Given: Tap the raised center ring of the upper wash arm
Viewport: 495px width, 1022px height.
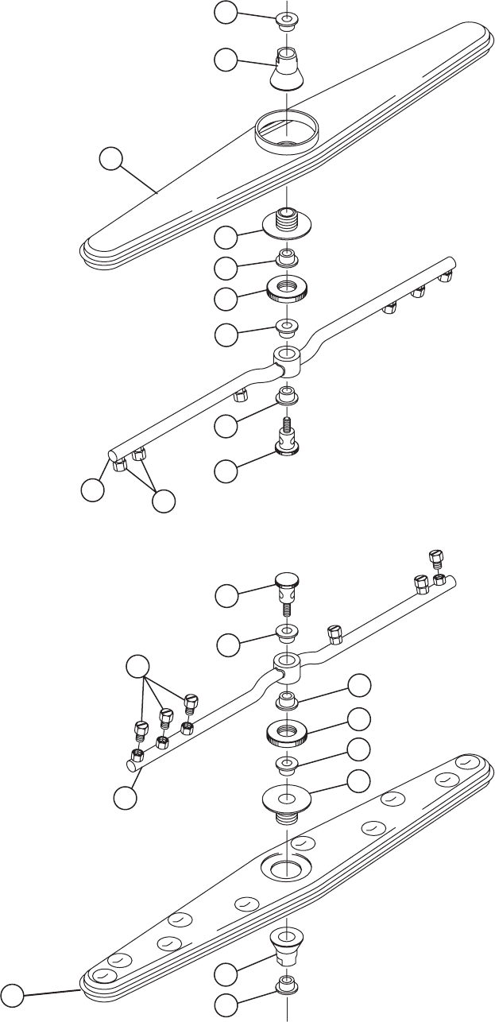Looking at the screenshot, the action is pos(286,127).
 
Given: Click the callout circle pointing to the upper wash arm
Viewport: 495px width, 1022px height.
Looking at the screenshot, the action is pos(111,161).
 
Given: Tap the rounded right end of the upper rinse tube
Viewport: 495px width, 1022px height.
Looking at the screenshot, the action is pos(451,264).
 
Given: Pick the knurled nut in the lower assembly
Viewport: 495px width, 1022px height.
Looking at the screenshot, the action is pos(286,732).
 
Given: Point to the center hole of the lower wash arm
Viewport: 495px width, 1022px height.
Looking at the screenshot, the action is pos(286,868).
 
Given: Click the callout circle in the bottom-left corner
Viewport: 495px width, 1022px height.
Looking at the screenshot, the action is pos(12,993).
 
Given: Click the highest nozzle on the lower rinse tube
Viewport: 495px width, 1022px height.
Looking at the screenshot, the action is pos(435,556).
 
